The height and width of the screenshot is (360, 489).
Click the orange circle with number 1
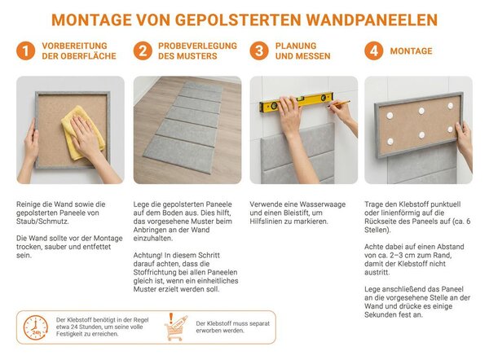pyautogui.click(x=25, y=50)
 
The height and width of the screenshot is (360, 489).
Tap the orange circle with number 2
pyautogui.click(x=143, y=50)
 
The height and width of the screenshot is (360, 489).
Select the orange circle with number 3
pyautogui.click(x=259, y=50)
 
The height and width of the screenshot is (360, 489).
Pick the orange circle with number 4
pyautogui.click(x=374, y=50)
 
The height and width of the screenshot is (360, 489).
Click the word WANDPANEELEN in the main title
pyautogui.click(x=372, y=20)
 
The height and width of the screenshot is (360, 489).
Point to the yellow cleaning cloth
pyautogui.click(x=81, y=133)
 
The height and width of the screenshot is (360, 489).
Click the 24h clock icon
pyautogui.click(x=36, y=327)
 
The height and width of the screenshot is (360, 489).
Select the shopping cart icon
pyautogui.click(x=175, y=327)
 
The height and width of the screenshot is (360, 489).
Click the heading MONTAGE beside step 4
pyautogui.click(x=411, y=51)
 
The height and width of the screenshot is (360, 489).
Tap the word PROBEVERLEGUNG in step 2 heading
pyautogui.click(x=197, y=46)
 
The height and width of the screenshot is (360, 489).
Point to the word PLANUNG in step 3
pyautogui.click(x=296, y=46)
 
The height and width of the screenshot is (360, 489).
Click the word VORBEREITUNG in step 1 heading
pyautogui.click(x=74, y=46)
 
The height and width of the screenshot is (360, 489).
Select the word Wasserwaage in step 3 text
pyautogui.click(x=323, y=204)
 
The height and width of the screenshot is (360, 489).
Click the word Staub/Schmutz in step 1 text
pyautogui.click(x=42, y=222)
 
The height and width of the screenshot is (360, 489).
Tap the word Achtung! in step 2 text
pyautogui.click(x=148, y=256)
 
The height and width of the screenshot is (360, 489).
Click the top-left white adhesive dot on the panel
pyautogui.click(x=390, y=116)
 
